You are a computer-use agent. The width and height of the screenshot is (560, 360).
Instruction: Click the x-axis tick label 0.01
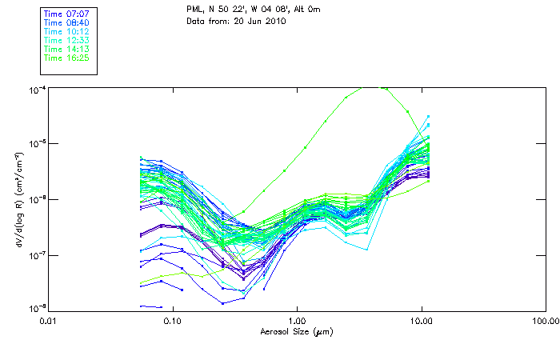click(x=49, y=320)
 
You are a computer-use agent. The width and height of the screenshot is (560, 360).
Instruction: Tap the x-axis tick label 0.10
click(x=173, y=320)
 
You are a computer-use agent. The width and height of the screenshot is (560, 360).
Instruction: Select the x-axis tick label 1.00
click(x=298, y=320)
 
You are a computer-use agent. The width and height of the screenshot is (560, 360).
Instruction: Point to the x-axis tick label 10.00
click(x=422, y=320)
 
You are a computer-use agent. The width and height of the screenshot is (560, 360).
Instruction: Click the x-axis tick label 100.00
click(x=545, y=320)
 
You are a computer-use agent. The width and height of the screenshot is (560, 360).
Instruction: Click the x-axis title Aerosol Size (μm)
click(x=296, y=330)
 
